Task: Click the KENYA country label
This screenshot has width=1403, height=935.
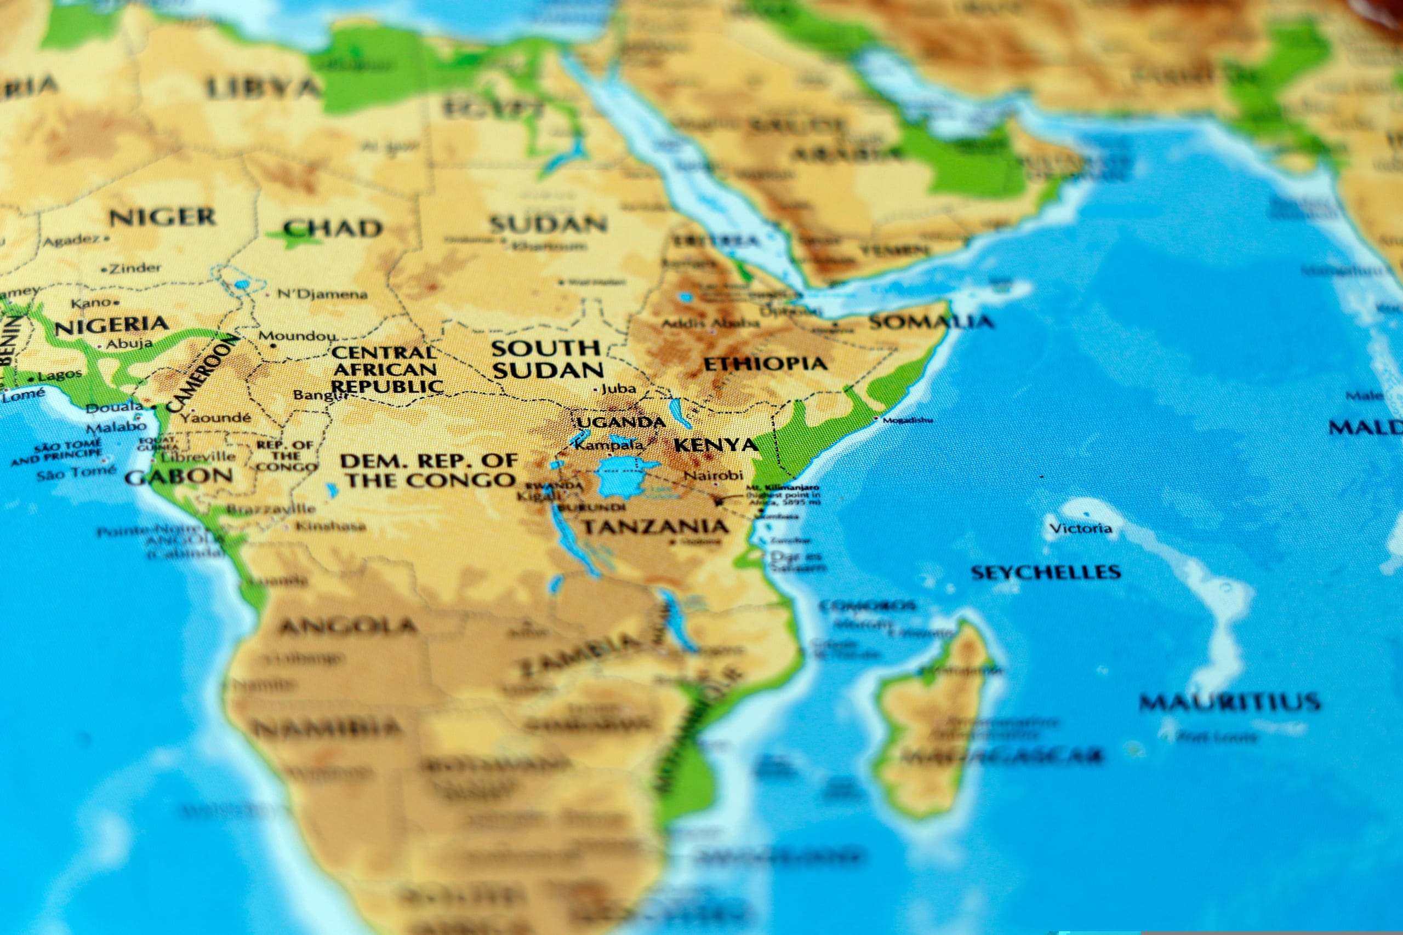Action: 715,445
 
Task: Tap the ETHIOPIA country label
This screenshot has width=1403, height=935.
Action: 765,364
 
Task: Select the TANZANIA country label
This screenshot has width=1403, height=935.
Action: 655,526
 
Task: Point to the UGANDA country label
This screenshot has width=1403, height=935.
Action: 620,423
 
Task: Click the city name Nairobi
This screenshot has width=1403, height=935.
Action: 714,475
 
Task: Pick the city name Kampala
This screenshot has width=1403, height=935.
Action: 609,445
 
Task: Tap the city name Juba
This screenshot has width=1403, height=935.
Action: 618,389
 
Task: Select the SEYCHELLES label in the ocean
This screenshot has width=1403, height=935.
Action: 1046,572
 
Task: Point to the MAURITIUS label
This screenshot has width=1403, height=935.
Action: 1229,702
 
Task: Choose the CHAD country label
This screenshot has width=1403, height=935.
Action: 332,228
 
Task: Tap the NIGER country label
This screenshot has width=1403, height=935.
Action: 162,217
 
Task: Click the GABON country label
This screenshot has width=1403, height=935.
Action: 178,476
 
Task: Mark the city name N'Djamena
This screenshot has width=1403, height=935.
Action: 322,294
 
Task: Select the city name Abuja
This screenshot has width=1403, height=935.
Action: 129,343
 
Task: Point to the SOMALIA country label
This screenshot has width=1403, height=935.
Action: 931,322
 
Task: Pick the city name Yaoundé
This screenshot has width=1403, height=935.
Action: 216,417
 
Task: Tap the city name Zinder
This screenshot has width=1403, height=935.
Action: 135,268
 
